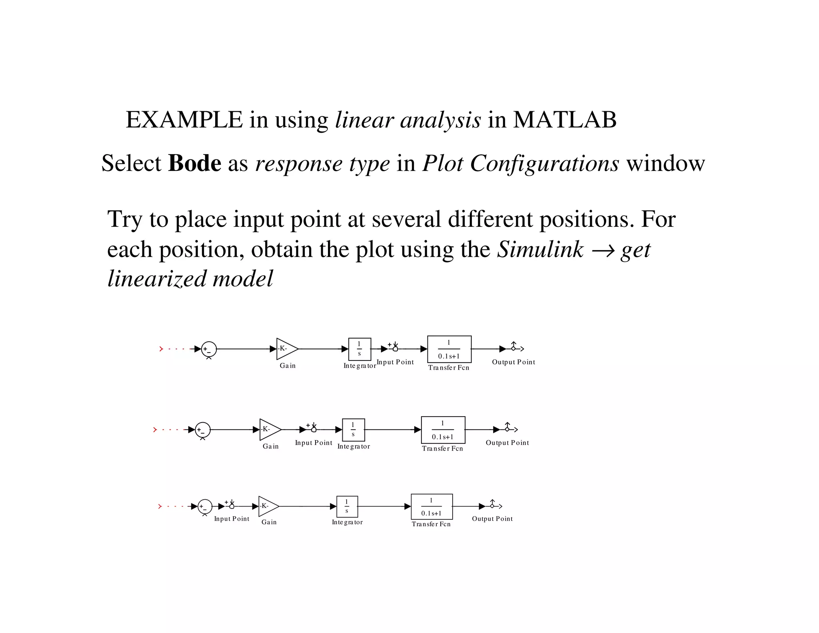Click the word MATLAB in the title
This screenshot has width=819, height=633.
pos(564,120)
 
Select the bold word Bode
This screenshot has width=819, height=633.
pos(194,163)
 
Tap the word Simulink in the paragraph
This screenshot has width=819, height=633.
pos(540,250)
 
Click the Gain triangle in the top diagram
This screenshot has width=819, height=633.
pos(286,349)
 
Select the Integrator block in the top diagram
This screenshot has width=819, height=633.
pos(360,349)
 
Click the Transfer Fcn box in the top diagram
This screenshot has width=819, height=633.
pos(449,349)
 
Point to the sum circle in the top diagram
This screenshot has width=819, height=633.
pos(209,349)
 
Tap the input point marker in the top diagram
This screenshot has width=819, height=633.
pos(395,348)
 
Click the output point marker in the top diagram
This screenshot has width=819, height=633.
pos(514,348)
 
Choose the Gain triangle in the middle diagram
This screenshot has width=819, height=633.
pos(269,429)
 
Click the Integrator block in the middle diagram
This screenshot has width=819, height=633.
pos(353,430)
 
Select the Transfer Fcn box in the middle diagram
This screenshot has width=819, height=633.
pos(443,430)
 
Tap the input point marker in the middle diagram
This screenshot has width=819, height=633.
pos(314,429)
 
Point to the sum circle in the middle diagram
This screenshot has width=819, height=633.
pos(202,430)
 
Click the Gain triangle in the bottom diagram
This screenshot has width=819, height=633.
pos(268,506)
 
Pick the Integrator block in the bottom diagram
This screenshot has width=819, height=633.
pos(347,507)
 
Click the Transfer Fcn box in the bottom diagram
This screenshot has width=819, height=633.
pos(431,507)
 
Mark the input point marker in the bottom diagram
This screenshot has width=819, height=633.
pos(232,506)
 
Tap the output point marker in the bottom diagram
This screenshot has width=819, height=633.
pos(492,506)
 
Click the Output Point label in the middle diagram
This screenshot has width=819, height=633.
pos(507,443)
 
